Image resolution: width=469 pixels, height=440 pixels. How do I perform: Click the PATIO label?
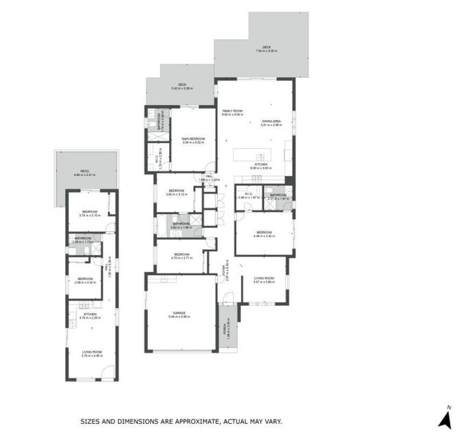click(86, 171)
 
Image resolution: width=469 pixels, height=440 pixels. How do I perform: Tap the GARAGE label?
click(179, 312)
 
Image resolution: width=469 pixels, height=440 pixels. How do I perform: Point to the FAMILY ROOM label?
click(232, 111)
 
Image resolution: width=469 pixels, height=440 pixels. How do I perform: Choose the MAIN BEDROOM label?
click(193, 138)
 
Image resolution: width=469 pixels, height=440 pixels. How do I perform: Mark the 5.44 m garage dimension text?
click(180, 317)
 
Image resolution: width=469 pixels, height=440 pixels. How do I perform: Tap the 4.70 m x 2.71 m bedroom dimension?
click(180, 259)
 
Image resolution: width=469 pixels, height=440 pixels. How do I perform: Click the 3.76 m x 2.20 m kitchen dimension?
click(90, 318)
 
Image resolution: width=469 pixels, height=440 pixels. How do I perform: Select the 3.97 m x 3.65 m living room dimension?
click(264, 282)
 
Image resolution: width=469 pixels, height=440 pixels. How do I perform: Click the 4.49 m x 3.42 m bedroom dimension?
click(264, 236)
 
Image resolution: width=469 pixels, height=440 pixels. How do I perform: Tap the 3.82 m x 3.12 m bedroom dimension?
click(178, 195)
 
